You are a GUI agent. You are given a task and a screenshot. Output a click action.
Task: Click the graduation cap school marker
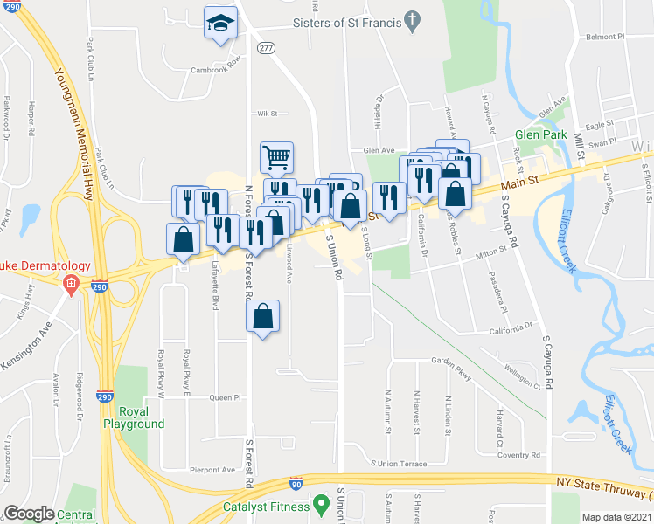(220, 24)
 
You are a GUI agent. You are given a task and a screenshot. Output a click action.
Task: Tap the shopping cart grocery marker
(276, 158)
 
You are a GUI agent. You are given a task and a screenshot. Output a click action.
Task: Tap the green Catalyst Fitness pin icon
(322, 506)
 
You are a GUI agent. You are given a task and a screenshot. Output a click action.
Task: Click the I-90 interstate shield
(297, 482)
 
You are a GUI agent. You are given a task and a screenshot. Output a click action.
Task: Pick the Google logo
(29, 514)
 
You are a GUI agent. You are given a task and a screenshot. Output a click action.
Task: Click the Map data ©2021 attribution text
(617, 517)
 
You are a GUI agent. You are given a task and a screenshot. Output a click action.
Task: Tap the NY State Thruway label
(602, 482)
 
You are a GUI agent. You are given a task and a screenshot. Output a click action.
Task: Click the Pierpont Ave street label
(213, 470)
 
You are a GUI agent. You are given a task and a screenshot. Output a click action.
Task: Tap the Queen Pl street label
(224, 397)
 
